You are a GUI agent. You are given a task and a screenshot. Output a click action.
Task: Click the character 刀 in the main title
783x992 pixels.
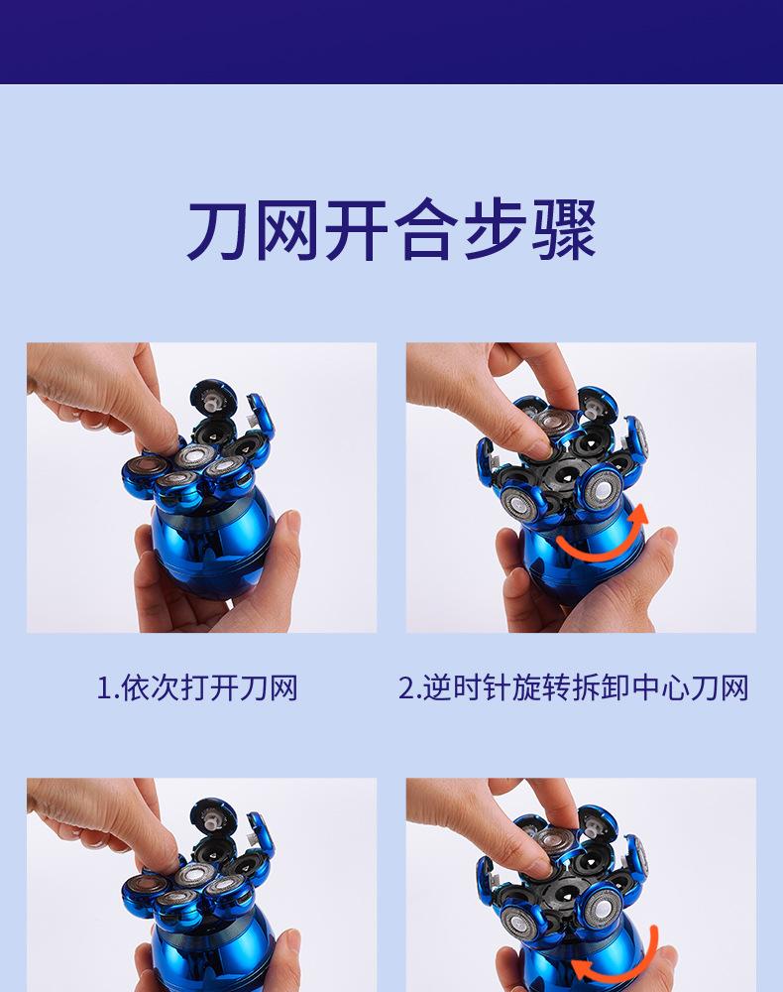pyautogui.click(x=217, y=230)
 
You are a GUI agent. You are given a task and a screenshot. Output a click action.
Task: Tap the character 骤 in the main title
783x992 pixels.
pyautogui.click(x=564, y=229)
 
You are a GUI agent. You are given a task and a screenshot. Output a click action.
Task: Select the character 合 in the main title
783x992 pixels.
pyautogui.click(x=426, y=229)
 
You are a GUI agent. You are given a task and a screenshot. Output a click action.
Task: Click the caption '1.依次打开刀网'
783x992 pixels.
pyautogui.click(x=197, y=687)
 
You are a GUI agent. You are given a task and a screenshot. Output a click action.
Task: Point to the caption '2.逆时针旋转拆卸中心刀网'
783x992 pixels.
pyautogui.click(x=574, y=687)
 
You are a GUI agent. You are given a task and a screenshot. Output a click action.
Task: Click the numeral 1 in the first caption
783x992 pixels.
pyautogui.click(x=104, y=688)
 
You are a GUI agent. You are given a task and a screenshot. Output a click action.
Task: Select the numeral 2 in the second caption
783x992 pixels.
pyautogui.click(x=405, y=688)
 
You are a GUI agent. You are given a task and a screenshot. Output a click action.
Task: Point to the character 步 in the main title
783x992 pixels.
pyautogui.click(x=495, y=229)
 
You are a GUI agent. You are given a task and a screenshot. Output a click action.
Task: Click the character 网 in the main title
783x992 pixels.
pyautogui.click(x=286, y=230)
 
